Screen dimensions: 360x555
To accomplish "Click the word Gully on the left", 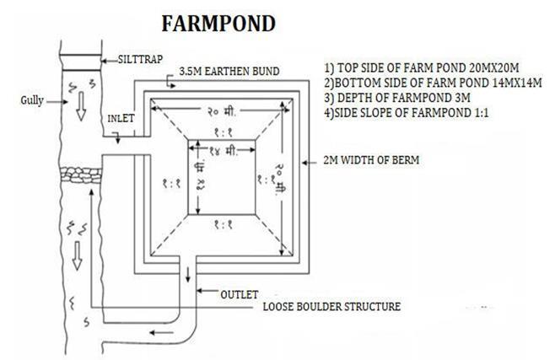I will pos(32,100).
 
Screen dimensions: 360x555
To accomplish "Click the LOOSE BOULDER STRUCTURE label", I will pos(331,307).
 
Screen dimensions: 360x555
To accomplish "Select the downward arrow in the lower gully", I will pos(77,257).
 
